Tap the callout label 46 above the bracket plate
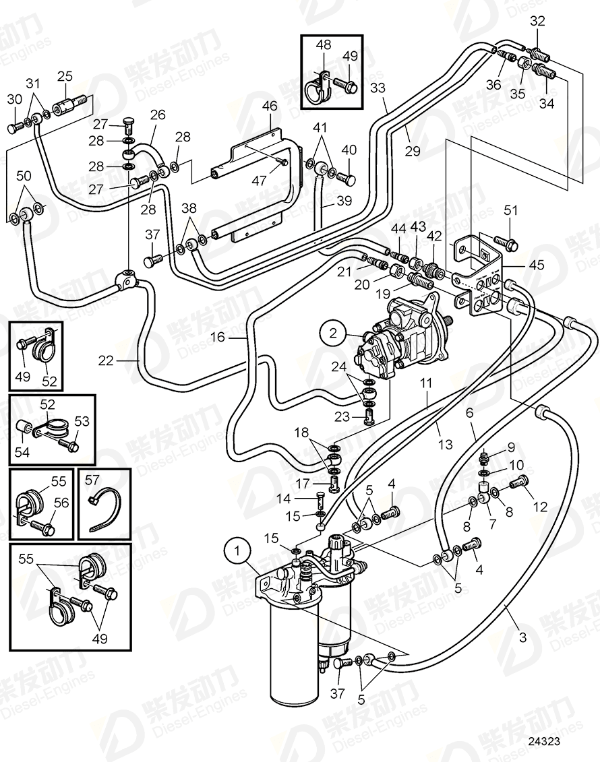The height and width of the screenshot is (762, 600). pyautogui.click(x=269, y=106)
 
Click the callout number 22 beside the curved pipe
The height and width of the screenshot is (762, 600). pyautogui.click(x=106, y=360)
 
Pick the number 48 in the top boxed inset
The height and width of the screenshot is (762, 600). pyautogui.click(x=324, y=45)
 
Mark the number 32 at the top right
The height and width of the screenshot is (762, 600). pyautogui.click(x=537, y=21)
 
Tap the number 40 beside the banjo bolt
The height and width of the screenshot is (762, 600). pyautogui.click(x=348, y=150)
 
